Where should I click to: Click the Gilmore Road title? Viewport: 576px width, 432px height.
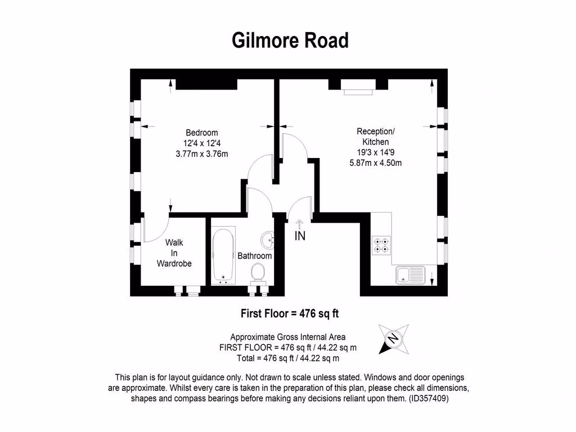[x=290, y=40]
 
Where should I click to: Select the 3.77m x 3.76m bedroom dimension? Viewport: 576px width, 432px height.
[x=201, y=154]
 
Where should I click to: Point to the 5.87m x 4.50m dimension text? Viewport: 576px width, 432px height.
[x=375, y=163]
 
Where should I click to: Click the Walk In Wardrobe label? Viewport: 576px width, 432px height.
[x=174, y=253]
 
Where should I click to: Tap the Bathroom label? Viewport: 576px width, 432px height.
[x=254, y=256]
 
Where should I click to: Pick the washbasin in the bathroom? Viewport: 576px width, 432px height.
[x=269, y=241]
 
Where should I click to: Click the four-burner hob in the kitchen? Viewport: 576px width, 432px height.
[x=381, y=245]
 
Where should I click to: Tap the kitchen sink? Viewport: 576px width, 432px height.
[x=410, y=276]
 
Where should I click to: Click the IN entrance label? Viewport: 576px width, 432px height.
[x=300, y=236]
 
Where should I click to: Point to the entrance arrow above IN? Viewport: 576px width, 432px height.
[x=300, y=224]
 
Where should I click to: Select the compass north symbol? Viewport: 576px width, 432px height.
[x=394, y=339]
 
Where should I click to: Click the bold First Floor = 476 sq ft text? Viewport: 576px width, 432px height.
[x=290, y=313]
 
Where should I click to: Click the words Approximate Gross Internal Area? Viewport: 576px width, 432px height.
[x=288, y=337]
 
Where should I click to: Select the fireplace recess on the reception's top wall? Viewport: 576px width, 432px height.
[x=358, y=84]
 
